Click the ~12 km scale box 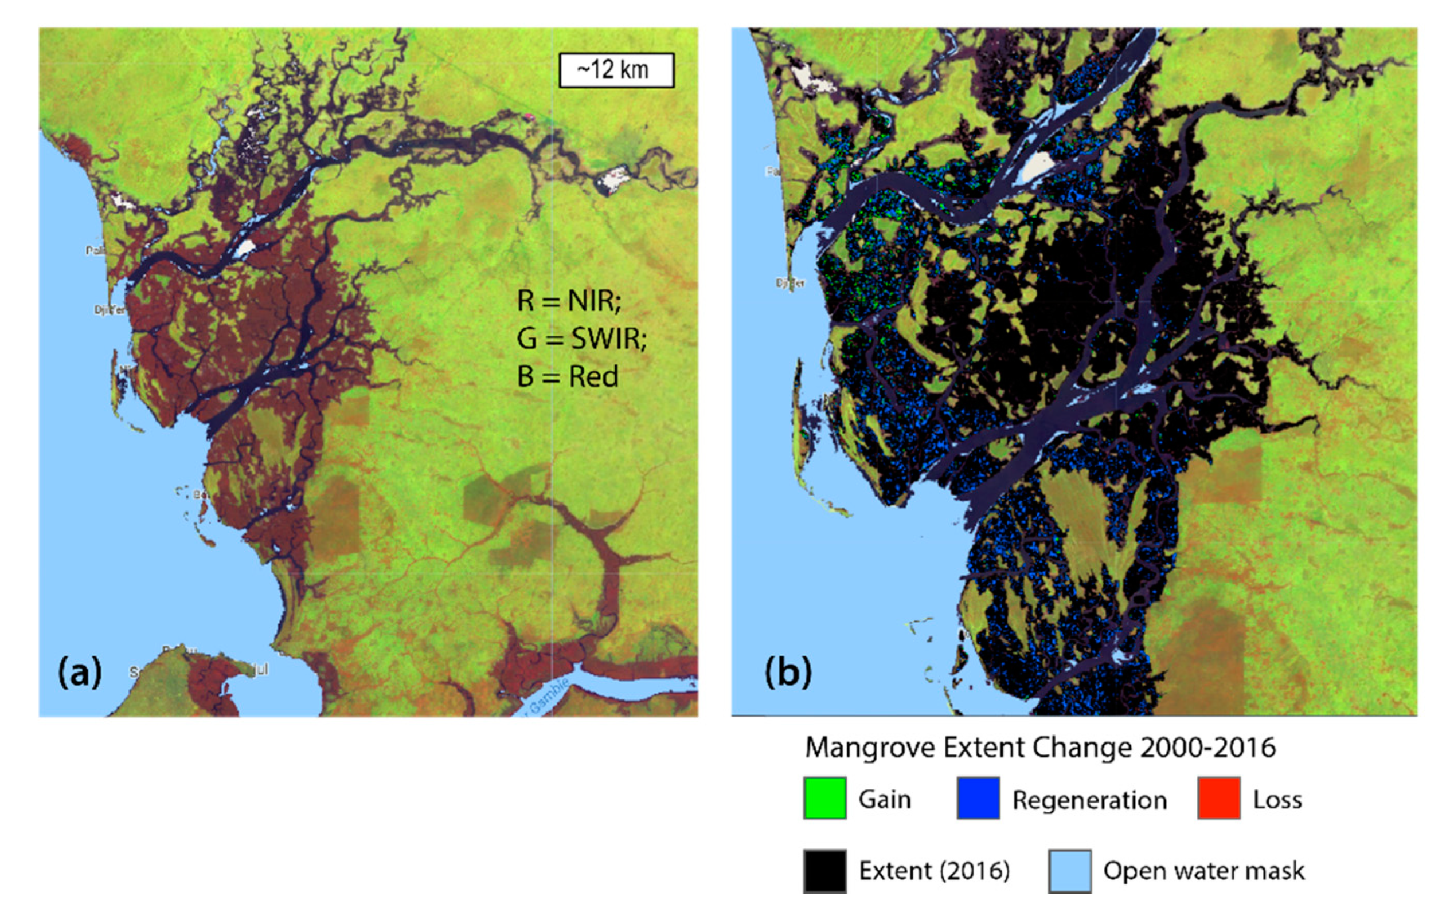point(616,70)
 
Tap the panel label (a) point(80,672)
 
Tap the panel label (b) point(788,672)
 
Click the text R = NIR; point(568,300)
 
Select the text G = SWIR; point(581,338)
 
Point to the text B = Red point(567,377)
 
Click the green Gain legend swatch point(824,799)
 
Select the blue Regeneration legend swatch point(978,799)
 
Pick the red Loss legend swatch point(1218,799)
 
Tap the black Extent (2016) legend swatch point(824,871)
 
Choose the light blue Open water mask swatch point(1069,871)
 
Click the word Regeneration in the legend point(1089,800)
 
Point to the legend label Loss point(1277,800)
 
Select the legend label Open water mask point(1203,871)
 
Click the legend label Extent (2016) point(934,871)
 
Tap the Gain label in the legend point(884,800)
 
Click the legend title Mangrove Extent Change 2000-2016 point(1040,748)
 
